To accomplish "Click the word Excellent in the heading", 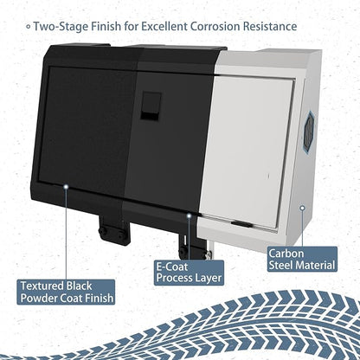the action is click(x=164, y=26).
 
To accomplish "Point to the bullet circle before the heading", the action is click(x=28, y=27).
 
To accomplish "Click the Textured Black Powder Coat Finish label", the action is click(x=66, y=292).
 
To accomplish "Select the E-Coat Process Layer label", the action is click(x=189, y=273).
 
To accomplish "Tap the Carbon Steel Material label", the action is click(x=302, y=260).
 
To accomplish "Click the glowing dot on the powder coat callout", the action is click(x=66, y=187).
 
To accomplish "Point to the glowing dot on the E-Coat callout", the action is click(x=189, y=215).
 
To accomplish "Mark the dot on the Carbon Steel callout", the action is click(x=302, y=208).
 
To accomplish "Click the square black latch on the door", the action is click(x=151, y=106).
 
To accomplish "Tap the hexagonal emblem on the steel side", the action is click(x=309, y=128).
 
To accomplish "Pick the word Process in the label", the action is click(x=173, y=278).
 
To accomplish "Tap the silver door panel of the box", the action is click(x=248, y=150).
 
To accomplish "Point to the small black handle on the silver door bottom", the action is click(x=241, y=223).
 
